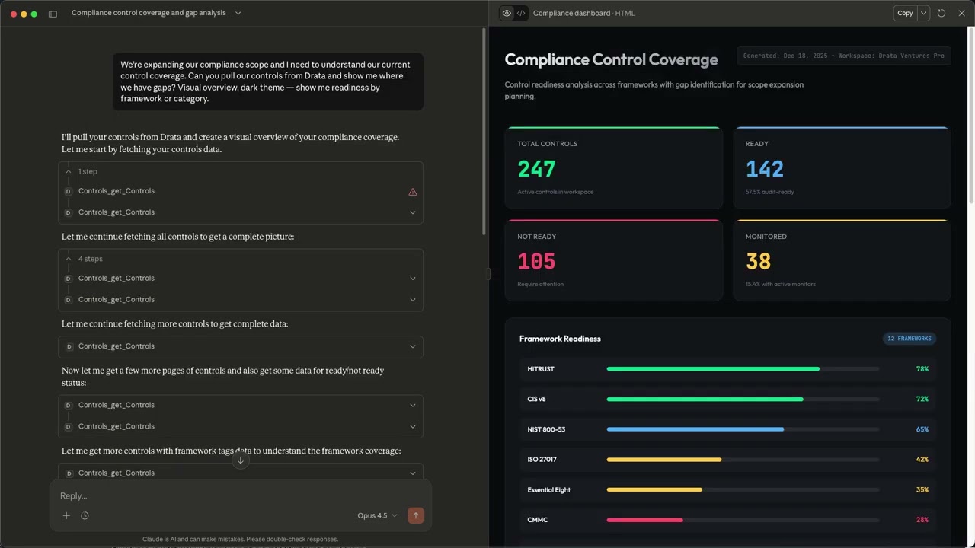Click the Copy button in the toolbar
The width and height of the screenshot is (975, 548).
(x=904, y=13)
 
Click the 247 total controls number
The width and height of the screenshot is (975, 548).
(x=536, y=169)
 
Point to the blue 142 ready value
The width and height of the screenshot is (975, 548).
(x=764, y=169)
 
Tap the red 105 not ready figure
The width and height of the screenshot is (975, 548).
(x=536, y=262)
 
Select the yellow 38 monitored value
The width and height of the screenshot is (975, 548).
(x=758, y=262)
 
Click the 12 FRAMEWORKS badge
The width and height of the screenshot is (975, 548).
(x=909, y=339)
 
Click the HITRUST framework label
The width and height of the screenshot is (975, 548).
(x=541, y=369)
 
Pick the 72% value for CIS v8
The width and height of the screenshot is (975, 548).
(x=922, y=399)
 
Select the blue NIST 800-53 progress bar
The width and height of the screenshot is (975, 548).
(x=695, y=429)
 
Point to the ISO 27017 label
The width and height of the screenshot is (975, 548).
(x=542, y=460)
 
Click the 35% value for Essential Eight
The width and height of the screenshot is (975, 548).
(x=922, y=490)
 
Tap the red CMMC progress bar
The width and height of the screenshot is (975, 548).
(x=644, y=520)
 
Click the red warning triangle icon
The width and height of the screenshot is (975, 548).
(x=413, y=192)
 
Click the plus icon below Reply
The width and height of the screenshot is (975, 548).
(x=66, y=516)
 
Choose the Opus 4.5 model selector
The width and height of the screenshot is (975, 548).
(x=377, y=516)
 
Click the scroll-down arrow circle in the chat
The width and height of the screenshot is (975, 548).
(x=241, y=460)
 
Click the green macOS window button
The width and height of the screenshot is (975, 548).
(x=34, y=14)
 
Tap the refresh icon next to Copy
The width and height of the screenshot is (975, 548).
(x=941, y=13)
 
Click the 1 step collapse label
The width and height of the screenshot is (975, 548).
(x=87, y=172)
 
